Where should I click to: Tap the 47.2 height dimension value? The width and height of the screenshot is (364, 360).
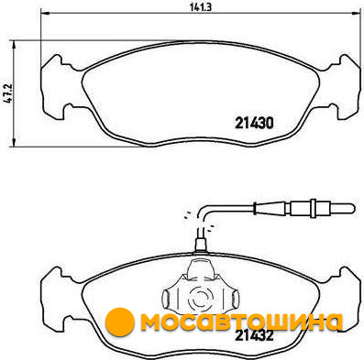pyautogui.click(x=8, y=94)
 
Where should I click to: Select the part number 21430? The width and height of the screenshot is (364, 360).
pyautogui.click(x=254, y=123)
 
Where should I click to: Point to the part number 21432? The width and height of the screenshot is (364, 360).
pyautogui.click(x=254, y=336)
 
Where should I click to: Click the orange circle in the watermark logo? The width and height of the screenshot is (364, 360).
pyautogui.click(x=120, y=321)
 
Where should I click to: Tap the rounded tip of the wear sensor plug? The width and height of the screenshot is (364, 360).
pyautogui.click(x=352, y=209)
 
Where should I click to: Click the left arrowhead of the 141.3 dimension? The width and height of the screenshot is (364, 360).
pyautogui.click(x=45, y=13)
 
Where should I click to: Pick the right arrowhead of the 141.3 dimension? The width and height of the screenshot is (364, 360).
pyautogui.click(x=356, y=13)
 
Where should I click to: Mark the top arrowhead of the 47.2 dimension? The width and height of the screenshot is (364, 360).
pyautogui.click(x=14, y=45)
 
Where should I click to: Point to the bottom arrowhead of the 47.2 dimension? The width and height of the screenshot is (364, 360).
pyautogui.click(x=14, y=142)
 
